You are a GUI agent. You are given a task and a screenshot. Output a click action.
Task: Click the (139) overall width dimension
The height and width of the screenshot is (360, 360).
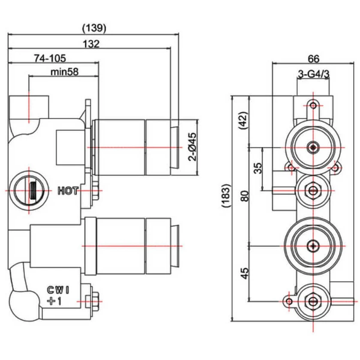tap(94, 28)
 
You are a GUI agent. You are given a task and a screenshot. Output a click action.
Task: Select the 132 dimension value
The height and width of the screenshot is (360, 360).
tap(91, 43)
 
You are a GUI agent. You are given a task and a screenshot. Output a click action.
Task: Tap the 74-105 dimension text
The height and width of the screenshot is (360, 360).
tap(50, 58)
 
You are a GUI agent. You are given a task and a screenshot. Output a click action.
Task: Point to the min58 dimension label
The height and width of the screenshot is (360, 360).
tap(64, 72)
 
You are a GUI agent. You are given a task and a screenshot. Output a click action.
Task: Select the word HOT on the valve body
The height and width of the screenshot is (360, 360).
tap(69, 191)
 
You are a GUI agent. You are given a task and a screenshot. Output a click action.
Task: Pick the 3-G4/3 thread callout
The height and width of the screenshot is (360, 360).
tap(313, 74)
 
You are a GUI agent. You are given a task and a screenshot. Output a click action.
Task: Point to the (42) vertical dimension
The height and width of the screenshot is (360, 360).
tap(243, 121)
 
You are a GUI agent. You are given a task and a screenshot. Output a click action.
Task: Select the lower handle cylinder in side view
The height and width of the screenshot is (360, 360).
tap(131, 246)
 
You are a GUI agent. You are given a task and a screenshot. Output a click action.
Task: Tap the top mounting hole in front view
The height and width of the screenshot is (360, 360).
tap(314, 105)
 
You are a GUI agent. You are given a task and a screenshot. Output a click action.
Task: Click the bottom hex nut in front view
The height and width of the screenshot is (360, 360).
tap(314, 301)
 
